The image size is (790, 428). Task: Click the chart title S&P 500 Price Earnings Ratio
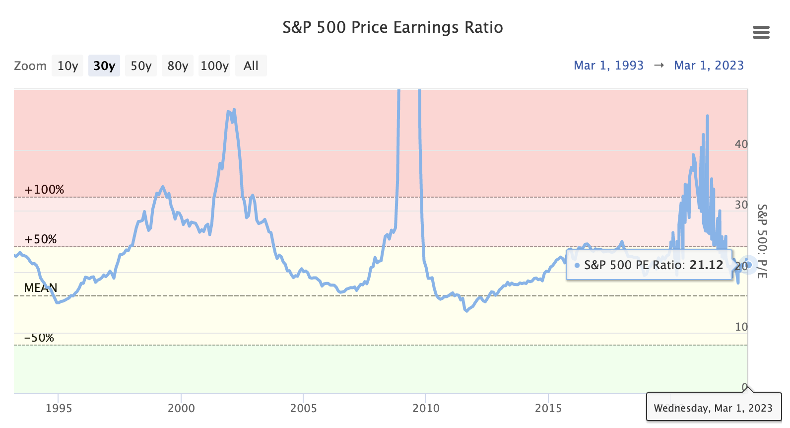(393, 27)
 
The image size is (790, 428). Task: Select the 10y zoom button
(67, 66)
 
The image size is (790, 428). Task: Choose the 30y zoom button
(104, 66)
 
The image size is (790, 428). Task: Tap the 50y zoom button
(141, 66)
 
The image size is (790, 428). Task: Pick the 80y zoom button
(178, 66)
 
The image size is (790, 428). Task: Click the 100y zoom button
(214, 66)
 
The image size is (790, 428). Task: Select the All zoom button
(251, 66)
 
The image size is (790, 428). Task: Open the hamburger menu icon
(761, 32)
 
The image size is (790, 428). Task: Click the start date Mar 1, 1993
(608, 66)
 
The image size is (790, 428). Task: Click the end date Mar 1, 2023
(709, 66)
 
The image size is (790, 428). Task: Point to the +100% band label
(44, 190)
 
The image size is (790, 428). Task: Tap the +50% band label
(41, 239)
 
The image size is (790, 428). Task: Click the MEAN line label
(41, 288)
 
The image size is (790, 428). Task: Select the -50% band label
(39, 338)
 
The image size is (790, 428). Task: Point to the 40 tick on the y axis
(741, 144)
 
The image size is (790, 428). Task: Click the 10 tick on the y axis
(741, 327)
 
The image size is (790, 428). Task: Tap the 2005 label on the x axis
(303, 408)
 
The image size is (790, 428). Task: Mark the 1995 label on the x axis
(59, 408)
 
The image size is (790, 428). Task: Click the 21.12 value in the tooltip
(706, 265)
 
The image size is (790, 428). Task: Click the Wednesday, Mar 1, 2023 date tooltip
(713, 408)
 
